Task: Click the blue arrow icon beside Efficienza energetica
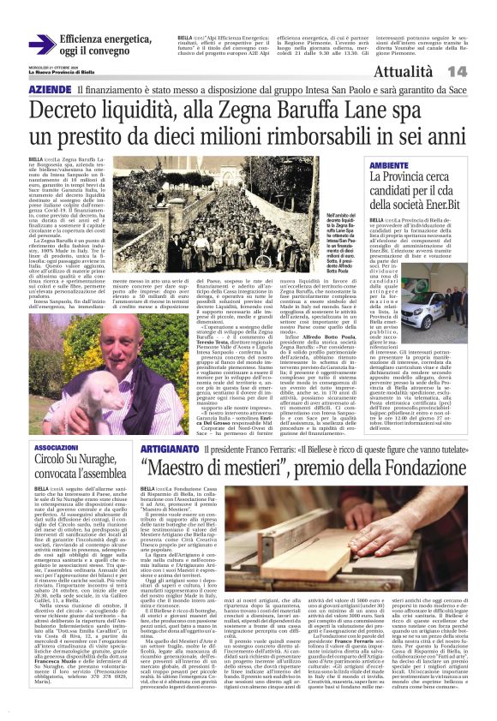[x=42, y=45]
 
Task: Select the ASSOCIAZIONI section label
[x=57, y=448]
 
